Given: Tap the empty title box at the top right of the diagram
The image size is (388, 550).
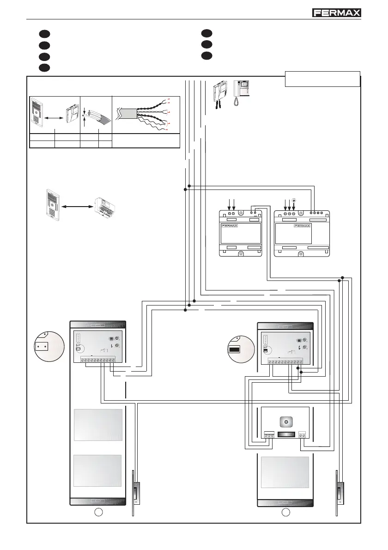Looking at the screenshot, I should coord(322,79).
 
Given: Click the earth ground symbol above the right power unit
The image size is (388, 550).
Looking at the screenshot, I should coord(294,201).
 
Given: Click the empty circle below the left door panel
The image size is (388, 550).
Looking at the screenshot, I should coord(98,512).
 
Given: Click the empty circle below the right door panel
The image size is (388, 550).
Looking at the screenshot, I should coord(286,512).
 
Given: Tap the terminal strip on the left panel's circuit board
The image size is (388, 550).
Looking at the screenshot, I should coord(97,360).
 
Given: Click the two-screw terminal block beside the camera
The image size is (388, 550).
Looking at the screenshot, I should coord(303,434).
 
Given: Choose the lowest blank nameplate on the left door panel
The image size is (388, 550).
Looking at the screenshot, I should coord(98,476).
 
